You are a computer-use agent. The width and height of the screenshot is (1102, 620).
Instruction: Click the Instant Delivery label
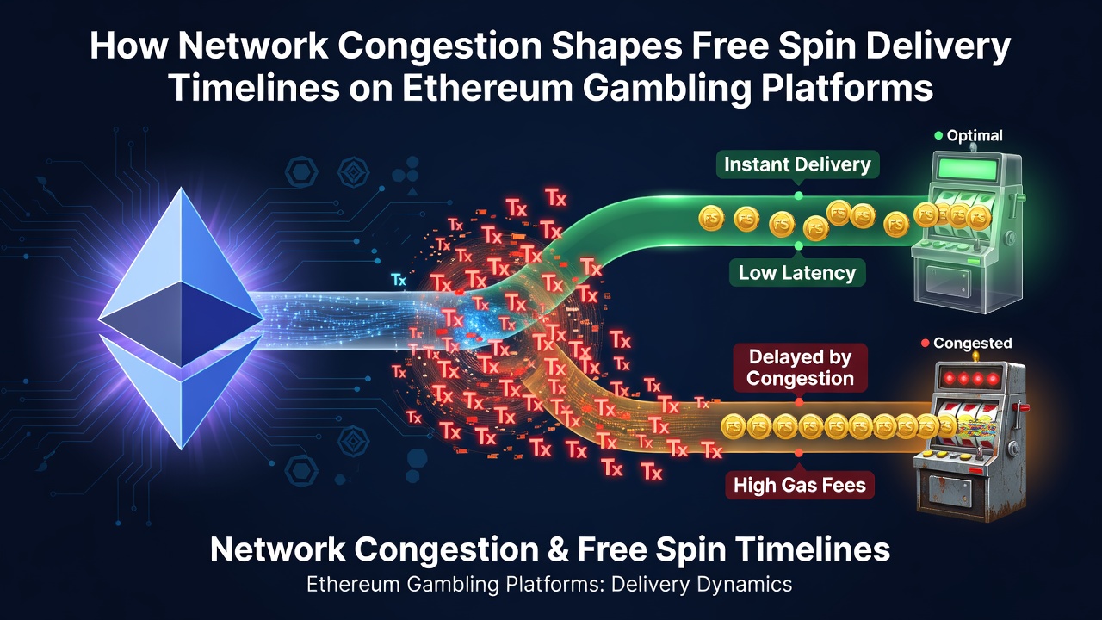(797, 164)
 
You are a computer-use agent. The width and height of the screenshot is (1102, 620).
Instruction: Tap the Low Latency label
(797, 273)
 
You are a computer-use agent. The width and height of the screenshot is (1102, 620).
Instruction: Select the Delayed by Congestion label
(800, 368)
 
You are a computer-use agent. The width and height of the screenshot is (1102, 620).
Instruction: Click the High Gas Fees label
(800, 485)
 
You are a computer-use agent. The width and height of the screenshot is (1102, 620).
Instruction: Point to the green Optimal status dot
(938, 135)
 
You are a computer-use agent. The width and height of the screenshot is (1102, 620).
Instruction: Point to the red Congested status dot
(925, 343)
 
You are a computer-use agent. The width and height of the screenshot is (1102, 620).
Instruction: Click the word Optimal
(975, 135)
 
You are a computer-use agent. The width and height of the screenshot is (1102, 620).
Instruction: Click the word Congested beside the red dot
(973, 343)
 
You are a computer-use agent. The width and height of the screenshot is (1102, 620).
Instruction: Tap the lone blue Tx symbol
(399, 280)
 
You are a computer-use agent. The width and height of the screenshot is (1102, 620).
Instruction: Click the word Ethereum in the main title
(487, 89)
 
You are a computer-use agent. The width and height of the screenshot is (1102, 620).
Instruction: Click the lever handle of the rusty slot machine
(1023, 407)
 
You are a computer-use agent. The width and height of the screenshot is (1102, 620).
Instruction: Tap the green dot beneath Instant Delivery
(798, 195)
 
